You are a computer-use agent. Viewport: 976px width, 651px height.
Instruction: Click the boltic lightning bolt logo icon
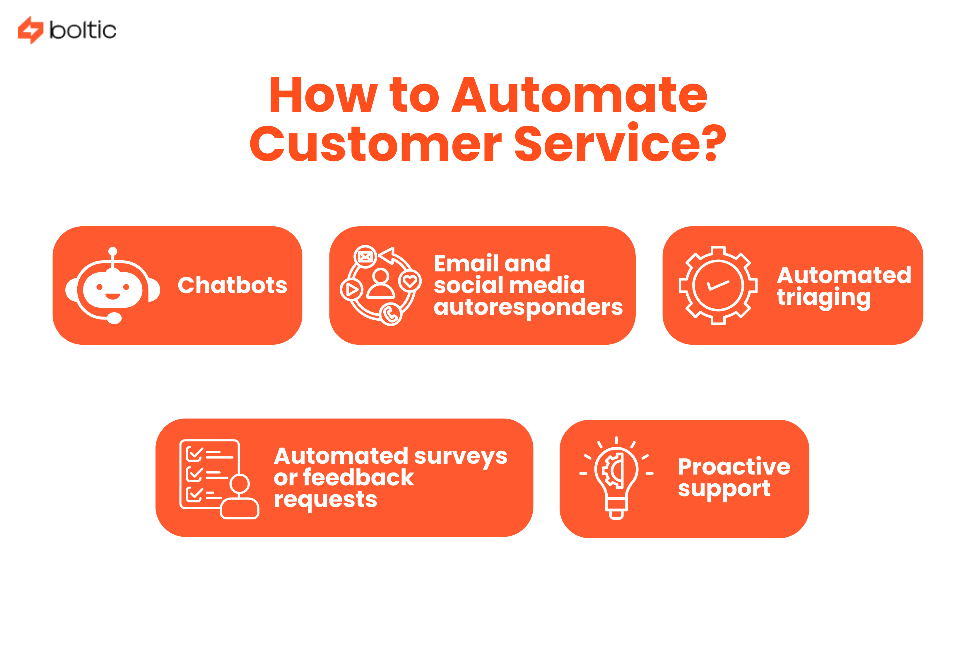pos(30,30)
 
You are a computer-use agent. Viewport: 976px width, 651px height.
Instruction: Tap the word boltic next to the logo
pos(83,30)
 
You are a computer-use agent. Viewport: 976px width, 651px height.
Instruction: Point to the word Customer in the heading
pos(375,144)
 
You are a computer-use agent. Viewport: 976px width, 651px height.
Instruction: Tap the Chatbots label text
pos(232,285)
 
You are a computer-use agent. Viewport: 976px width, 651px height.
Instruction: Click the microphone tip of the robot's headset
pos(114,318)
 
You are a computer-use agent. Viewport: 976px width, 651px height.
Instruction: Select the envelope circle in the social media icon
pos(365,256)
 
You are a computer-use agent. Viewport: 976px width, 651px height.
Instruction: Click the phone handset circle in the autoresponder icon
pos(390,314)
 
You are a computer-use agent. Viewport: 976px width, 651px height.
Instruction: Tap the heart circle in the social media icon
pos(410,281)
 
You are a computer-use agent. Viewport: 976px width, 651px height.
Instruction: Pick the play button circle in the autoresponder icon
pos(352,289)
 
